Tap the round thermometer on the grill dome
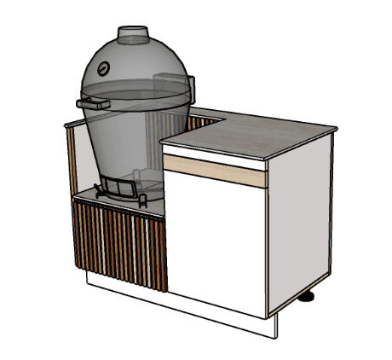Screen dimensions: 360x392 tap(102, 67)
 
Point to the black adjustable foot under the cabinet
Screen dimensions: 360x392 tap(308, 297)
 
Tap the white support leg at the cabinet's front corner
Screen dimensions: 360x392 tap(276, 327)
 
